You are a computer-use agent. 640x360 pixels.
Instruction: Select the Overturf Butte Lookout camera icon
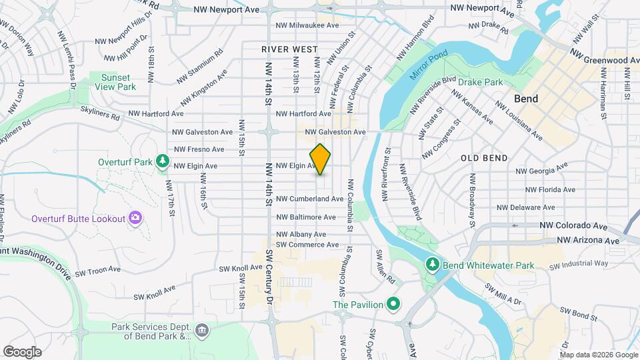tap(135, 218)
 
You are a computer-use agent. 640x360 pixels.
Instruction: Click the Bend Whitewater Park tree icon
tap(431, 265)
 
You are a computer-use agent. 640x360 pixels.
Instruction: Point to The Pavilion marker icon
tap(393, 305)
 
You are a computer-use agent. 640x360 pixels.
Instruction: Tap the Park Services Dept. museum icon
tap(201, 331)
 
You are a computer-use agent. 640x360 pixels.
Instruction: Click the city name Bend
tap(526, 98)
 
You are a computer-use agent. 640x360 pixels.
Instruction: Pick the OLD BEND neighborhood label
tap(484, 158)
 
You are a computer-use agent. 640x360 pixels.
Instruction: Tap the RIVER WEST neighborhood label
tap(289, 49)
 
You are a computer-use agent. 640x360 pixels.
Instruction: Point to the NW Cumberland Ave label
tap(309, 199)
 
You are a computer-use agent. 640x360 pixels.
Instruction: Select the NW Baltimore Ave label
tap(306, 217)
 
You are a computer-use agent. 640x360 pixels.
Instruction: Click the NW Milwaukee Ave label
tap(307, 25)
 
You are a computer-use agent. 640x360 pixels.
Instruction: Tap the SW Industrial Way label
tap(579, 265)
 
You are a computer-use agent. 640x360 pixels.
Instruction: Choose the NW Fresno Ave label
tap(199, 149)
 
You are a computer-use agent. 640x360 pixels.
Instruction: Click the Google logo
tap(22, 352)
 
